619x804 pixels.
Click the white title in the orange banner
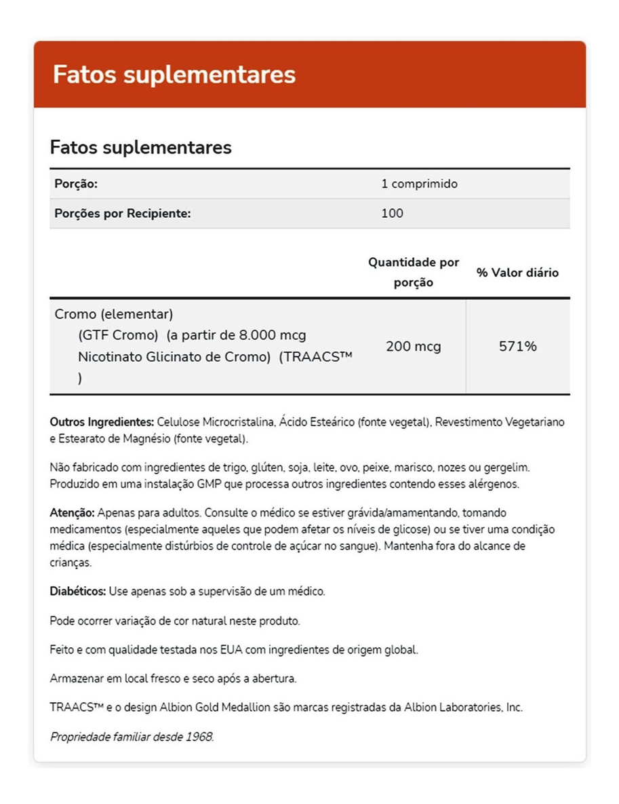(x=174, y=75)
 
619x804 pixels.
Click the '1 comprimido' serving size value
(x=420, y=184)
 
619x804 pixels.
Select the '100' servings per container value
(x=392, y=213)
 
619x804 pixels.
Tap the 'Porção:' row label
(x=76, y=184)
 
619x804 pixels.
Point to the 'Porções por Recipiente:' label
(x=123, y=213)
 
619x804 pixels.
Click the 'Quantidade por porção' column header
(x=413, y=272)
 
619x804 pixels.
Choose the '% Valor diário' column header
(x=517, y=272)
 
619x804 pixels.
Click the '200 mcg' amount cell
(x=413, y=346)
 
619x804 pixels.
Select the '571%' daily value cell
(x=517, y=346)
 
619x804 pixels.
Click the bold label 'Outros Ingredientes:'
(x=102, y=422)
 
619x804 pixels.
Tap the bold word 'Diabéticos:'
(x=78, y=591)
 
